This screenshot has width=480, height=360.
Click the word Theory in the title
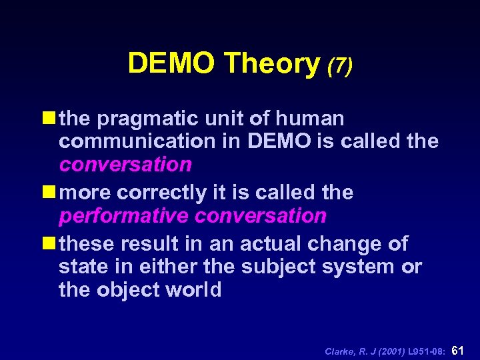pyautogui.click(x=272, y=64)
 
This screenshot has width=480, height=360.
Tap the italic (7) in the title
pyautogui.click(x=339, y=65)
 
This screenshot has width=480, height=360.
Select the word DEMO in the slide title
pyautogui.click(x=173, y=64)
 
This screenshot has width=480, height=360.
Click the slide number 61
pyautogui.click(x=458, y=349)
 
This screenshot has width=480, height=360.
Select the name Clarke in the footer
pyautogui.click(x=338, y=351)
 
